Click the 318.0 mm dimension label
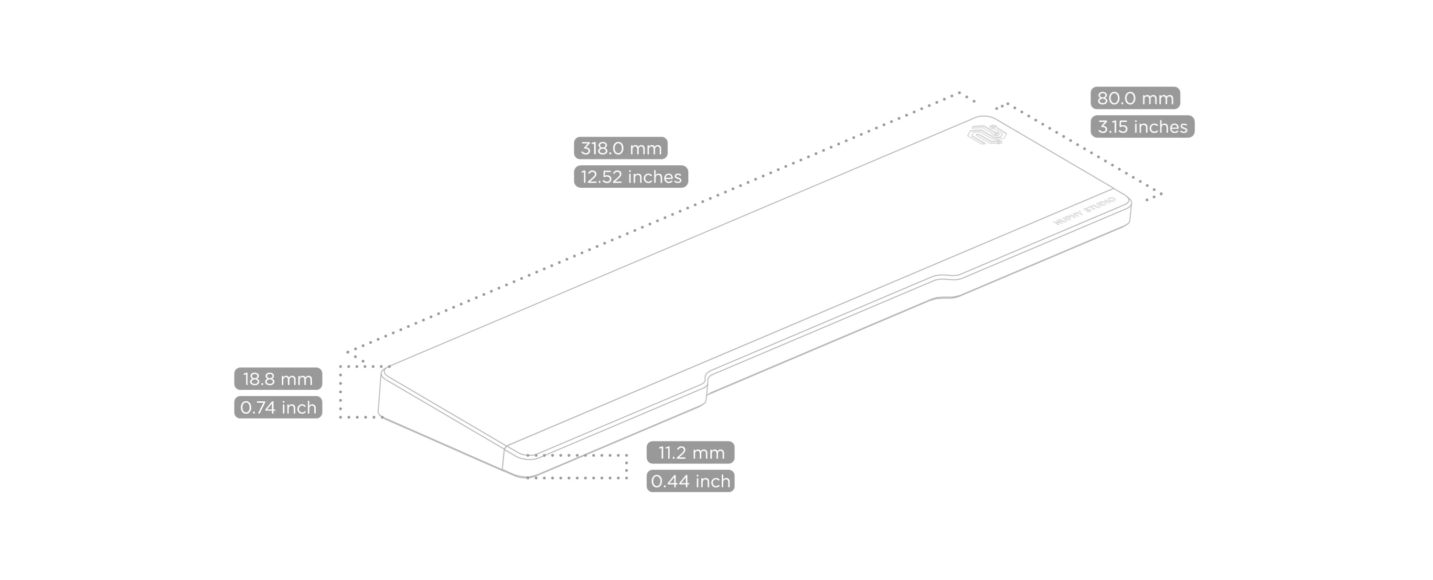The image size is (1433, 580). (620, 148)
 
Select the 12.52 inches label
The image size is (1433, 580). (631, 176)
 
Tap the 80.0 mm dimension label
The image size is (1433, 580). (1135, 98)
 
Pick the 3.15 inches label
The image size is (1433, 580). (1142, 126)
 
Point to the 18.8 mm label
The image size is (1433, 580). (278, 378)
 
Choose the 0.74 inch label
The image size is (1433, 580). (278, 408)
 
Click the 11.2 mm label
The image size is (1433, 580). (690, 452)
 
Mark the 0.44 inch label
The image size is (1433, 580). (690, 481)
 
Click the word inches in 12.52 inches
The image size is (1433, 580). (654, 176)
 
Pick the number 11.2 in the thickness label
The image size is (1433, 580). (672, 452)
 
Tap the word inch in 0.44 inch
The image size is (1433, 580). (713, 481)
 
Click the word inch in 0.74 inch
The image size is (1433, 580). (299, 408)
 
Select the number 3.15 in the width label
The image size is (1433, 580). (1112, 126)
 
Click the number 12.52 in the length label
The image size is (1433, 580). (601, 176)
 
